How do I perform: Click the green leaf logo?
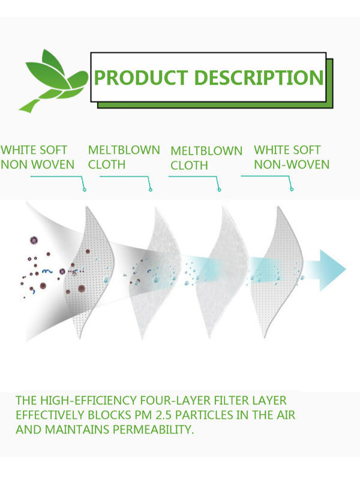[x=52, y=78]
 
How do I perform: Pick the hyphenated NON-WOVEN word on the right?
[x=292, y=164]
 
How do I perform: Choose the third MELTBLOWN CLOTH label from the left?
[x=206, y=158]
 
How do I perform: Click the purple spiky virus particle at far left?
[x=34, y=241]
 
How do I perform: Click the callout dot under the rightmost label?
[x=292, y=190]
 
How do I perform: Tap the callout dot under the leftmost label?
[x=85, y=190]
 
